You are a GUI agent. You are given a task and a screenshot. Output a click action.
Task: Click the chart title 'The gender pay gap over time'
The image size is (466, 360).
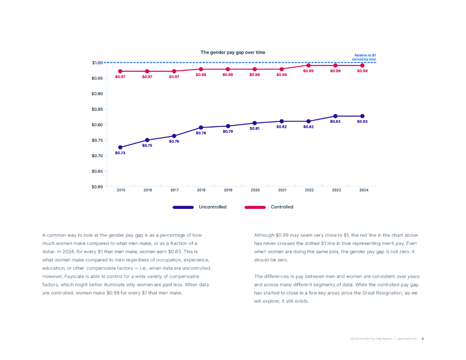pos(233,52)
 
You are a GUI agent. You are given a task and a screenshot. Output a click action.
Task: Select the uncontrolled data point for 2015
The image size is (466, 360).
pos(120,147)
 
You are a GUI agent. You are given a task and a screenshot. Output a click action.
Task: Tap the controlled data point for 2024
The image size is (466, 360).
pos(362,66)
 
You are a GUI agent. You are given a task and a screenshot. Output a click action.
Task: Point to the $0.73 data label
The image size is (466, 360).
pos(120,153)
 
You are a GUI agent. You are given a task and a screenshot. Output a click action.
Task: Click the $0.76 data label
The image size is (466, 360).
pos(174,142)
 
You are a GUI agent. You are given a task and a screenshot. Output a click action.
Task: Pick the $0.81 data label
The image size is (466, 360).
pos(255,128)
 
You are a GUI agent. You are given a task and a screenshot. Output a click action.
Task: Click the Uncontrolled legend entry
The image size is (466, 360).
pos(213,207)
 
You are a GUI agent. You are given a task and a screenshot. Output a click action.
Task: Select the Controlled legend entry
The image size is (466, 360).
pos(282,207)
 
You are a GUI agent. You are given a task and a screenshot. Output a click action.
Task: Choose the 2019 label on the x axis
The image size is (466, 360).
pos(228,190)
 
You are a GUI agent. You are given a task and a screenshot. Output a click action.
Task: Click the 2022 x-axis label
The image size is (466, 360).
pos(309,190)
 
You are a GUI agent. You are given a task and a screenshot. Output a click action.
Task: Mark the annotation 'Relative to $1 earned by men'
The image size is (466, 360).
pos(365,57)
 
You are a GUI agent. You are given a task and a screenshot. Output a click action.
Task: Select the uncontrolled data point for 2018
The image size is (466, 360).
pos(201,127)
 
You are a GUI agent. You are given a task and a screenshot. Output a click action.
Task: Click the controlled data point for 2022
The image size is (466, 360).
pos(309,66)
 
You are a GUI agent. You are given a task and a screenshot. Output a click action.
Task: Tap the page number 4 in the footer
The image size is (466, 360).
pos(422,339)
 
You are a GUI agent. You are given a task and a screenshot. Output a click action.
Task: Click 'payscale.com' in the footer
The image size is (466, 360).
pos(407,339)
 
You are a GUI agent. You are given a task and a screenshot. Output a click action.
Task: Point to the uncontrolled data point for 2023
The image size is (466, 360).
pos(335,116)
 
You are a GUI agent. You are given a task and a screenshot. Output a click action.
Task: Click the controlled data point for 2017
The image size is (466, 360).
pos(174,71)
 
